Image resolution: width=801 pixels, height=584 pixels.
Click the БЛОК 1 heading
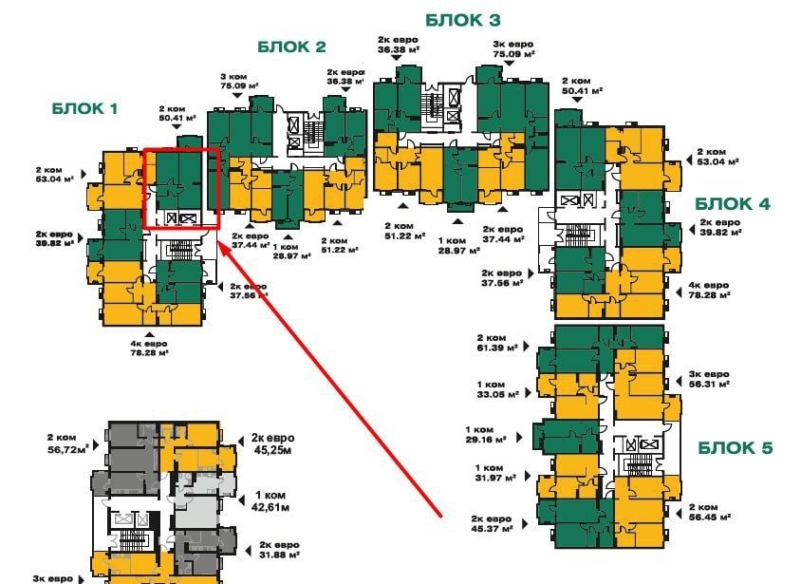tap(84, 109)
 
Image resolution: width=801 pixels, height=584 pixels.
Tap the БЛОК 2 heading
tap(291, 47)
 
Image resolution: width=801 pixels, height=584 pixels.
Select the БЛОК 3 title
tap(462, 19)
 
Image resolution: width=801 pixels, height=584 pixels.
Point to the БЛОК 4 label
tap(733, 203)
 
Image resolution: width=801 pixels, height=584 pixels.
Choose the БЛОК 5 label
tap(736, 447)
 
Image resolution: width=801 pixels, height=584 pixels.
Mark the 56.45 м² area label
tap(709, 518)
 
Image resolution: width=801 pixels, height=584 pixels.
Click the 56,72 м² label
tap(67, 447)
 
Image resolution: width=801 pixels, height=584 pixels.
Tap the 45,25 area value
tap(273, 450)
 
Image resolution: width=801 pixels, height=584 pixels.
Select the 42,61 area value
tap(273, 507)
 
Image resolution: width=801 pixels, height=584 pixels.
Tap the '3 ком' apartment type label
tap(233, 75)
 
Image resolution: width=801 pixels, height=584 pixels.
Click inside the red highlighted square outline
tap(181, 188)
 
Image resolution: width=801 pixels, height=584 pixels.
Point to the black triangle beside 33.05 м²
tap(521, 392)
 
